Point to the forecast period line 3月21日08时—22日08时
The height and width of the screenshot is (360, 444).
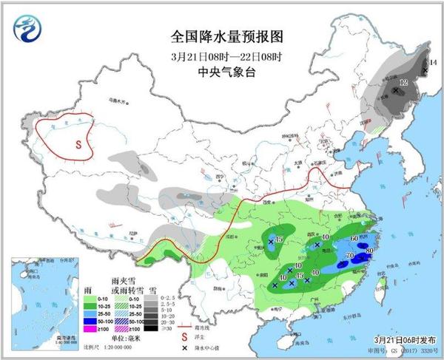click(221, 56)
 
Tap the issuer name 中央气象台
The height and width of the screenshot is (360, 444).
click(221, 72)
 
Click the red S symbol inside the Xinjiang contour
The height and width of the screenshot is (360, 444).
click(76, 145)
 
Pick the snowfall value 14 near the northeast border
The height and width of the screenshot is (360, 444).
click(433, 66)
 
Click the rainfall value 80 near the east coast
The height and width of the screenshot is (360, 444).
click(368, 251)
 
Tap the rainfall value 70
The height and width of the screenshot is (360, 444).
click(349, 255)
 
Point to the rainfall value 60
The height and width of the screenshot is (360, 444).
click(354, 237)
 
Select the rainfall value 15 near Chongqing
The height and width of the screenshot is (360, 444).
click(279, 239)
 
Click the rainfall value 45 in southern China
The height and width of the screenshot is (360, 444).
click(299, 275)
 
